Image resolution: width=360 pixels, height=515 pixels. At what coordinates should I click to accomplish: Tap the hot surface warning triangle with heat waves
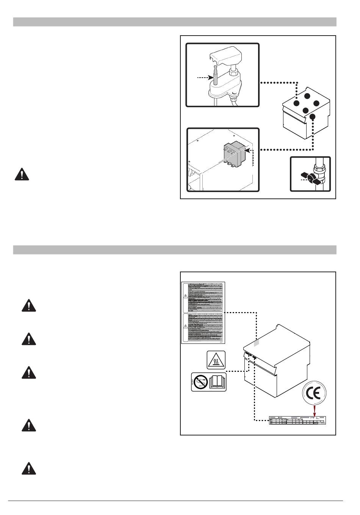(216, 360)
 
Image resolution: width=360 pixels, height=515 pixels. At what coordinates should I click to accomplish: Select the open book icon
(218, 382)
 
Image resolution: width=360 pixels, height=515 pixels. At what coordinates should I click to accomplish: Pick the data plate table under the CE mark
(297, 421)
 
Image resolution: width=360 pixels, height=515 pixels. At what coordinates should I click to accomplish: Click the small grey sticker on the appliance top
(256, 343)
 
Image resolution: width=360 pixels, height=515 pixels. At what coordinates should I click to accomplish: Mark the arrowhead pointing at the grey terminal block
(247, 150)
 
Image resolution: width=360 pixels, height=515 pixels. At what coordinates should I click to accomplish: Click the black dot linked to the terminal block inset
(312, 117)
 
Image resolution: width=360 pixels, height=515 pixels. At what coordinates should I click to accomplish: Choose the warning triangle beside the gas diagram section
(23, 174)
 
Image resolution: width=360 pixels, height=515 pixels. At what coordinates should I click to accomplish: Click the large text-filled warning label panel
(203, 313)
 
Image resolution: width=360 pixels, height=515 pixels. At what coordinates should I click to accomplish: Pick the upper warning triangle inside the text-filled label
(185, 297)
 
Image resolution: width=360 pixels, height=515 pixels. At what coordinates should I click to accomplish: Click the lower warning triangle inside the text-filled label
(185, 326)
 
